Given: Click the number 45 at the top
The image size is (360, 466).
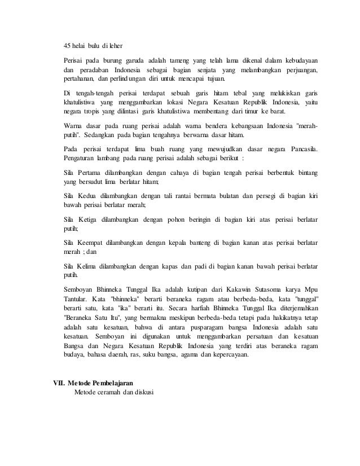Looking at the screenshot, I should (67, 45).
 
